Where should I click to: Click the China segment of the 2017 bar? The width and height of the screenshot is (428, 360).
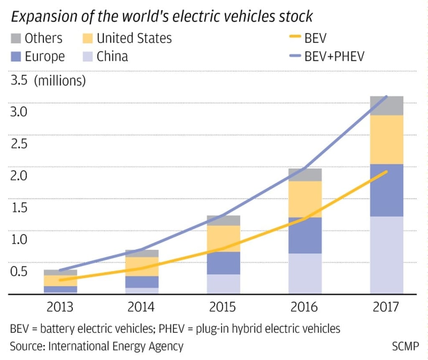click(387, 255)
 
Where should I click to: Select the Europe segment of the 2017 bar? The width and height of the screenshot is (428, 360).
click(387, 190)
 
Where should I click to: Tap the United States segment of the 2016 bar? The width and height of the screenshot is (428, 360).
click(305, 199)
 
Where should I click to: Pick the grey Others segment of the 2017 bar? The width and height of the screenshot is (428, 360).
click(387, 105)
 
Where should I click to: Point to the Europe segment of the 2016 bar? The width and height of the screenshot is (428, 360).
click(305, 235)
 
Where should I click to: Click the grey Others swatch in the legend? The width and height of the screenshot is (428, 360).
click(15, 38)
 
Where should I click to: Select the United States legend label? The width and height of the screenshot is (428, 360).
click(134, 38)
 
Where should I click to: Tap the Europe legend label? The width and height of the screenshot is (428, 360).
click(45, 56)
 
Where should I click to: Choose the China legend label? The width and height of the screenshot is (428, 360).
click(112, 56)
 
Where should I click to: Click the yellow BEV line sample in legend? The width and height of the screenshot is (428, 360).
click(294, 38)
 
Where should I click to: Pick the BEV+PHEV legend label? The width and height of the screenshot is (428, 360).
click(334, 56)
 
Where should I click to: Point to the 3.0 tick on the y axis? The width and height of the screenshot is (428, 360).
click(18, 112)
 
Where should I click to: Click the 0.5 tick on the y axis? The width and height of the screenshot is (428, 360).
click(18, 271)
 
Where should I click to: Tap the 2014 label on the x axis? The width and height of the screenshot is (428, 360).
click(141, 307)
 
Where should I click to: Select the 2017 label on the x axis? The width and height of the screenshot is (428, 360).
click(385, 307)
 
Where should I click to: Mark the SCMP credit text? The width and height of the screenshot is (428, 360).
click(405, 346)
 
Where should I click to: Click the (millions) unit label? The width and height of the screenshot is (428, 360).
click(59, 80)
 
